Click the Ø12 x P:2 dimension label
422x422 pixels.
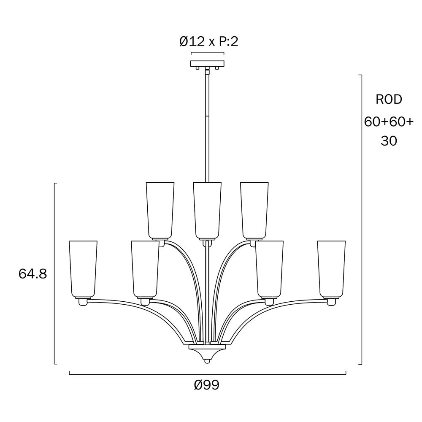click(x=209, y=42)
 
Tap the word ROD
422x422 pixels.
click(x=389, y=100)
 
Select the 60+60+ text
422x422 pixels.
click(x=389, y=122)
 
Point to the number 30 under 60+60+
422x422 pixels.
click(x=389, y=141)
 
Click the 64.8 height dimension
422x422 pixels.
click(x=33, y=274)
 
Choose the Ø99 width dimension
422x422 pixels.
click(x=207, y=385)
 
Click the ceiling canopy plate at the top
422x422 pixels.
click(x=207, y=64)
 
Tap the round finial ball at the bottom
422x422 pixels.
click(x=207, y=361)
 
